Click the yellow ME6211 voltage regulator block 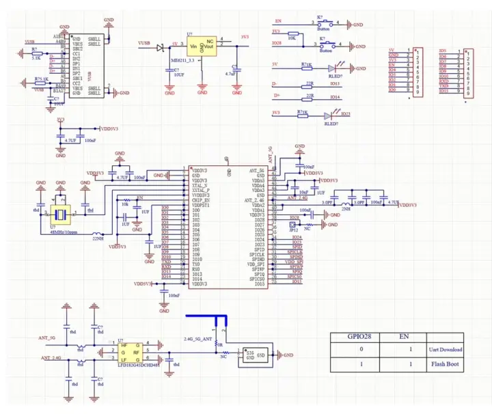point(202,47)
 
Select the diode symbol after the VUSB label point(159,48)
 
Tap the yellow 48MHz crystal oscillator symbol point(60,213)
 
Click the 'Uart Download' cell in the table point(445,349)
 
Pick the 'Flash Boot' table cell point(445,365)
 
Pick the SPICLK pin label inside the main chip point(256,253)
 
